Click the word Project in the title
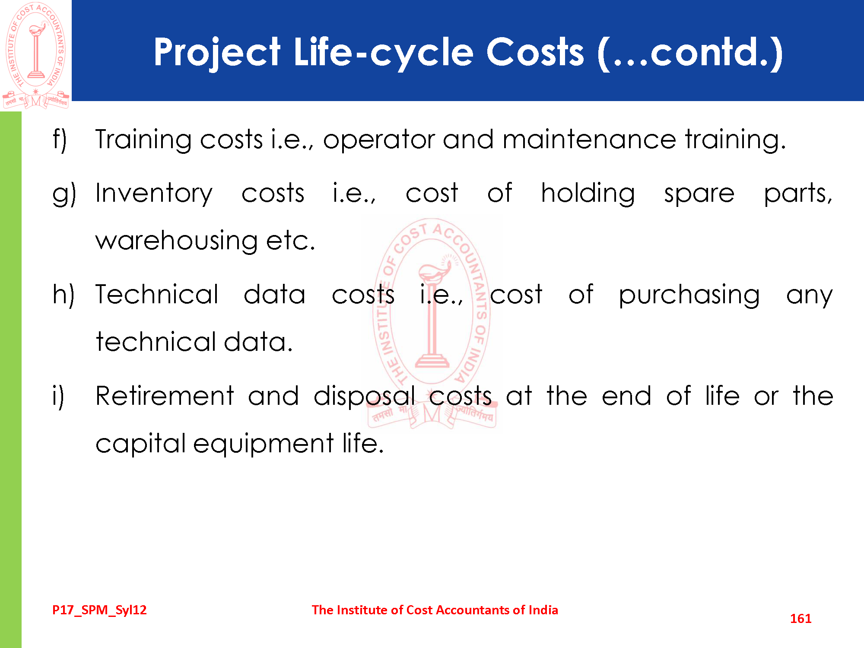(217, 53)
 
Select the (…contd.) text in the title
(690, 53)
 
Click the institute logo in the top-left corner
(36, 55)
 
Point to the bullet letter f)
(60, 140)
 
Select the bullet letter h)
(63, 295)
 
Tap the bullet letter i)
(58, 396)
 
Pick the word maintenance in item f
(589, 140)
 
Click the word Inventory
(154, 194)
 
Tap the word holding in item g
(588, 194)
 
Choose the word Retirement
(165, 396)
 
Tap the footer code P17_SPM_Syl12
(99, 610)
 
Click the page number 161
(800, 619)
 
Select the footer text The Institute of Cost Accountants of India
(435, 610)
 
